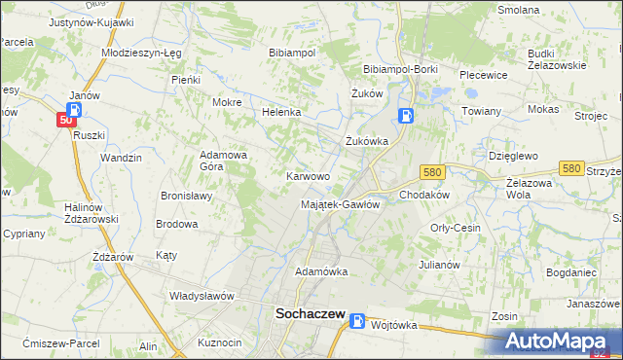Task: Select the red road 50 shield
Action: (65, 120)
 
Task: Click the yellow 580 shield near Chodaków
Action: (433, 172)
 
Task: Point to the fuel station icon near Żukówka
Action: (405, 117)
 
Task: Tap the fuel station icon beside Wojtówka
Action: (358, 321)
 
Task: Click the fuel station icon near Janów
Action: (76, 109)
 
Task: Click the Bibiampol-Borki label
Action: (401, 70)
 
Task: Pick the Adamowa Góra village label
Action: (224, 160)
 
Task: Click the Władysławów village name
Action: (203, 295)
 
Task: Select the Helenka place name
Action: (281, 112)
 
